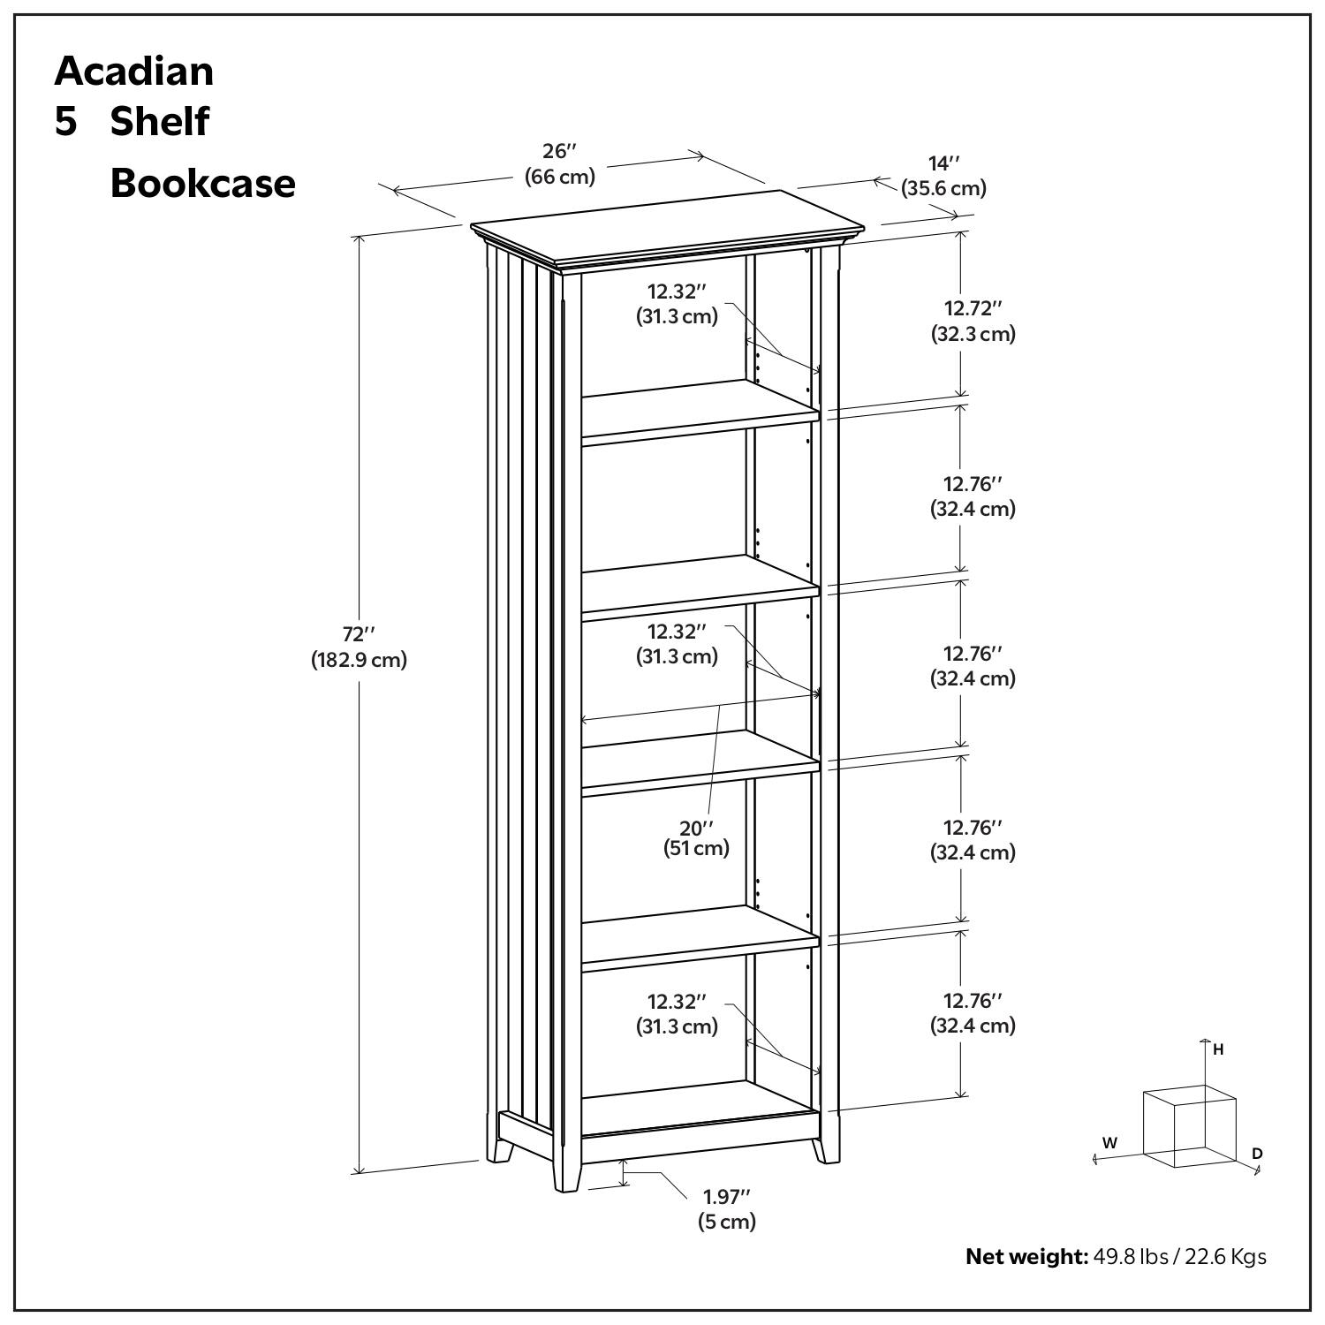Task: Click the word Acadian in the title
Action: coord(133,71)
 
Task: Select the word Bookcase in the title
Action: coord(202,183)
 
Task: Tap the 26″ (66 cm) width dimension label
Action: coord(560,163)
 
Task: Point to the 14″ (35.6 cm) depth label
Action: coord(943,176)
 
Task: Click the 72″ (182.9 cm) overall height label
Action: coord(359,647)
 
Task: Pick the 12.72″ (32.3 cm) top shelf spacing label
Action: coord(973,321)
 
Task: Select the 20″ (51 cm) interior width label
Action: coord(696,837)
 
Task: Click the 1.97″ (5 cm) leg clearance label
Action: coord(726,1208)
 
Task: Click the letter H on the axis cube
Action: coord(1218,1049)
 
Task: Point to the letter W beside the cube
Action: coord(1109,1142)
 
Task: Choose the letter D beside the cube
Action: coord(1257,1153)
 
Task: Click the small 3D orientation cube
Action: coord(1188,1125)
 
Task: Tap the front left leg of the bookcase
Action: coord(564,1170)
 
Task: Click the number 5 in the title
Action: coord(66,121)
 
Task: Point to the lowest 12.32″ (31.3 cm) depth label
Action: coord(677,1013)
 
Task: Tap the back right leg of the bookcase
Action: coord(827,1148)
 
